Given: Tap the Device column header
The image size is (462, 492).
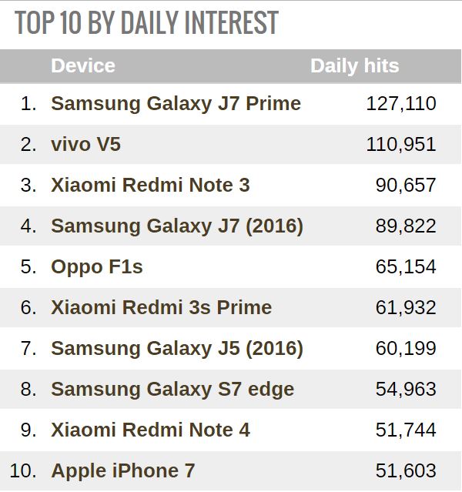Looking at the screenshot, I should tap(83, 65).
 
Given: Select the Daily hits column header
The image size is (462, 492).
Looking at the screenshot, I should tap(354, 65).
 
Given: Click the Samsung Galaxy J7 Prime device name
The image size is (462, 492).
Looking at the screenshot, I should tap(176, 103).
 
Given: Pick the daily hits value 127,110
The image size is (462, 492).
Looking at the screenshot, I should tap(400, 103).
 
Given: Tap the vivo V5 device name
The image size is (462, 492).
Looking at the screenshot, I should tap(85, 144).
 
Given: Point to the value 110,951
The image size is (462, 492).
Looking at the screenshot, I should tap(400, 144).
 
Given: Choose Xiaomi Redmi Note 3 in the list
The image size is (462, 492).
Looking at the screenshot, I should tap(150, 185).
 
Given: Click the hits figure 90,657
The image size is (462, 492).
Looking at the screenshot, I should tap(406, 185).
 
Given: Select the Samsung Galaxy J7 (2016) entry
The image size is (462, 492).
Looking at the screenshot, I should tap(177, 226).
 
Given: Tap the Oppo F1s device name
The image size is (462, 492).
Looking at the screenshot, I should tap(97, 266).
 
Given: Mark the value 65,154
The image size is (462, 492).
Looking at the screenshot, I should tap(406, 266).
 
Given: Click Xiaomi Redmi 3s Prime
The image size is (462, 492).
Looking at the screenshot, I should tap(161, 307).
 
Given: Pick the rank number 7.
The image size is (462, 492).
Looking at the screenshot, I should tap(28, 348).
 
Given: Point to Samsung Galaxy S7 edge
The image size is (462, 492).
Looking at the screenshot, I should tap(172, 389).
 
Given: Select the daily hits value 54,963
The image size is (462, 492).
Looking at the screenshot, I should tap(406, 389).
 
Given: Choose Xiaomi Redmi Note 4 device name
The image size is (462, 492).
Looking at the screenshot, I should tap(150, 430).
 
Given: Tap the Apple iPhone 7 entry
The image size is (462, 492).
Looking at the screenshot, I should tap(123, 470).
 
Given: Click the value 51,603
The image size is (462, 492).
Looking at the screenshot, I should tap(406, 470).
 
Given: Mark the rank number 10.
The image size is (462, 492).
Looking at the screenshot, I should tap(23, 470).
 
